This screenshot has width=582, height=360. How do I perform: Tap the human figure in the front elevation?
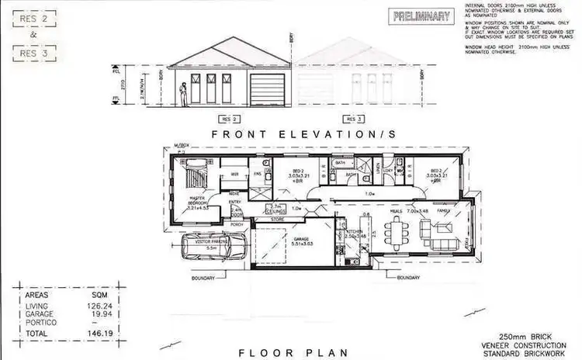182,95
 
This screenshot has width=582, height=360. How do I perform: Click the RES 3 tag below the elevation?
353,119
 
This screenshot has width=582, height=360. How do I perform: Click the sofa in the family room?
426,230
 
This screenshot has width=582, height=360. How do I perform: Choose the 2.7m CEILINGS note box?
276,209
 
